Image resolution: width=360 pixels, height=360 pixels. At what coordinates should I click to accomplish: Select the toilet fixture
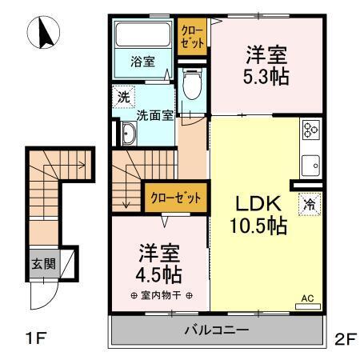click(x=193, y=84)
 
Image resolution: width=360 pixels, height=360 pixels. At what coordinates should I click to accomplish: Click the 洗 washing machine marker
click(x=123, y=98)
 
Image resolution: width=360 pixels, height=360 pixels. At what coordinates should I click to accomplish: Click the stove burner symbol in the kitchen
click(x=310, y=130)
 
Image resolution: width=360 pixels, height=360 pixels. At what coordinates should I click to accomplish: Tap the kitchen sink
click(x=310, y=167)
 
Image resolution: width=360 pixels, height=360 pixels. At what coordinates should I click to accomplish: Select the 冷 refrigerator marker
click(x=309, y=204)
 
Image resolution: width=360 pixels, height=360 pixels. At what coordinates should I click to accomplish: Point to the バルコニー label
click(x=217, y=330)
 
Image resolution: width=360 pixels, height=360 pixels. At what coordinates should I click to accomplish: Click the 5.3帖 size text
click(x=267, y=78)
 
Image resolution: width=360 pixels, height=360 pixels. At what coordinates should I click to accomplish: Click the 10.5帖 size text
click(x=258, y=226)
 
